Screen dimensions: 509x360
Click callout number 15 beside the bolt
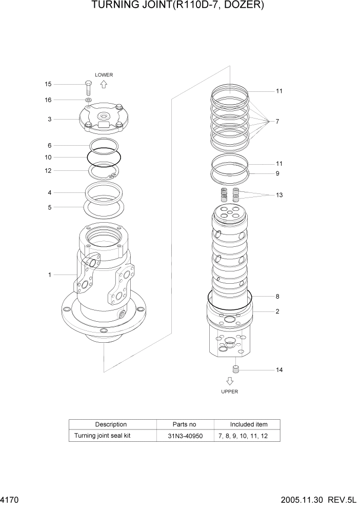pos(48,84)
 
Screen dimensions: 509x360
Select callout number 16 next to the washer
pos(48,100)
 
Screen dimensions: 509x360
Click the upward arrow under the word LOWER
pos(104,84)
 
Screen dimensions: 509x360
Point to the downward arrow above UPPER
pos(230,381)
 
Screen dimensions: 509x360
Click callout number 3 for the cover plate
pos(49,120)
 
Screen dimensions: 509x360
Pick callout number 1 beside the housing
pos(49,275)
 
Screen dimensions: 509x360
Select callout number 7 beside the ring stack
pos(277,122)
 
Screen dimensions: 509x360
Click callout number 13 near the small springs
pos(279,195)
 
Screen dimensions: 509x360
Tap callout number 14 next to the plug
pos(279,369)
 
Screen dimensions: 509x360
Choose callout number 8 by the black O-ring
pos(277,296)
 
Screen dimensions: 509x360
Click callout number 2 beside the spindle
pos(277,311)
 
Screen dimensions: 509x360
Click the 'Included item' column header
pos(248,424)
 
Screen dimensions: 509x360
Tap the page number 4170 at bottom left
pos(9,499)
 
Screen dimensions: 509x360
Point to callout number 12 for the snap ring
pos(48,171)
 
